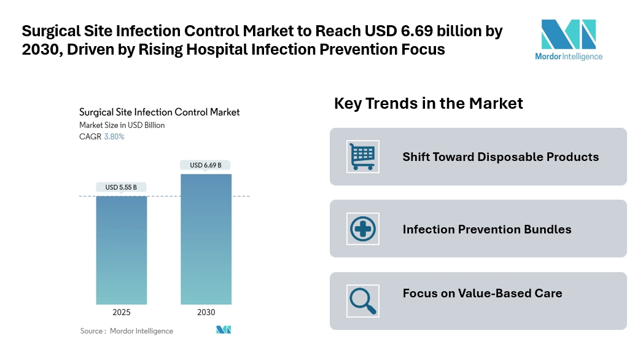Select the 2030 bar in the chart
click(x=206, y=239)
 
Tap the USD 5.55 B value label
click(x=121, y=187)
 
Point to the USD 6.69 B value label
click(x=206, y=165)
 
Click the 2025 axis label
click(x=121, y=313)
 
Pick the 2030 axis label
click(x=206, y=313)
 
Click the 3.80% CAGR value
click(x=114, y=137)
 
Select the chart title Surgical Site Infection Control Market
click(x=159, y=112)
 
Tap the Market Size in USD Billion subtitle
click(x=122, y=125)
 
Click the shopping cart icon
click(x=363, y=156)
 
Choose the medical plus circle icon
click(x=363, y=229)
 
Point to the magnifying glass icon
click(x=363, y=300)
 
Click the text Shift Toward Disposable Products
click(x=501, y=157)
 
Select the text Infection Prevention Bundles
click(x=487, y=229)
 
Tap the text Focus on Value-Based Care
click(x=482, y=293)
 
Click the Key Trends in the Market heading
click(x=428, y=103)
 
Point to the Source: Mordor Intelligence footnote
click(x=127, y=331)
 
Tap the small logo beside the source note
click(x=224, y=330)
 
